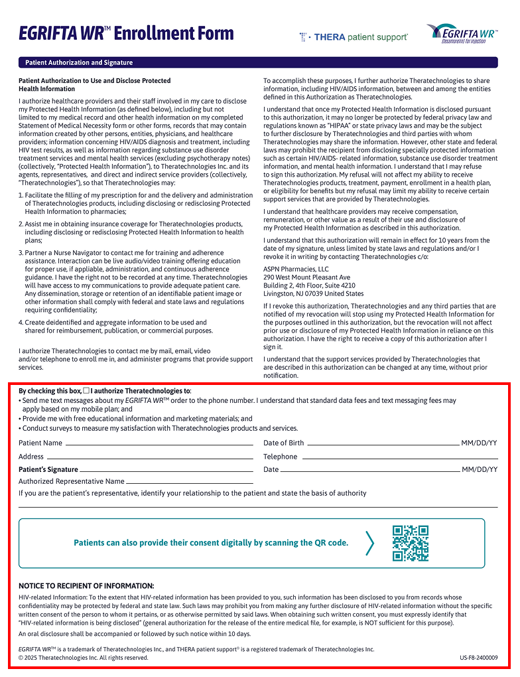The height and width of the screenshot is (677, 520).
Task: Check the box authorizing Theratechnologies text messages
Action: [86, 391]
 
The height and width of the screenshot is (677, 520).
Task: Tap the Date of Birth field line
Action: [383, 443]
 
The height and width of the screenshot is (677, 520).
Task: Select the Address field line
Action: [149, 457]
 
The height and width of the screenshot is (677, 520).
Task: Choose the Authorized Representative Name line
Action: [190, 482]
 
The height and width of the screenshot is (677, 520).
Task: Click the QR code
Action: [410, 543]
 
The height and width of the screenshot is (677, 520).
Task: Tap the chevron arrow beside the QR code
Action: [369, 543]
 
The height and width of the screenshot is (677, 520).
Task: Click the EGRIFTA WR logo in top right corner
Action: [462, 33]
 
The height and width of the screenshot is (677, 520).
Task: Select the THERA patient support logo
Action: [354, 37]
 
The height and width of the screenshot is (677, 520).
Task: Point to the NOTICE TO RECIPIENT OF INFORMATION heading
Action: [86, 585]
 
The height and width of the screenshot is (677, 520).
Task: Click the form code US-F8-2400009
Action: [478, 658]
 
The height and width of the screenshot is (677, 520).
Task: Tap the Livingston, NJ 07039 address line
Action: [313, 293]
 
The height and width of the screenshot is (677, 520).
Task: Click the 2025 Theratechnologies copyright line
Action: [84, 658]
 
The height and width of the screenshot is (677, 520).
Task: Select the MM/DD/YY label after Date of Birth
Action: [479, 443]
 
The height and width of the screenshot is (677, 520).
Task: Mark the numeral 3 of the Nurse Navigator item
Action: [21, 253]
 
